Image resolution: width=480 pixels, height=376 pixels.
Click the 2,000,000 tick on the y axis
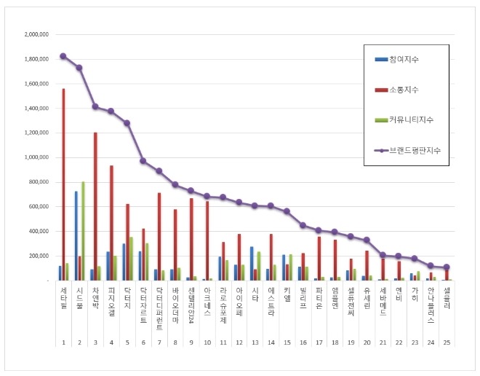click(x=36, y=34)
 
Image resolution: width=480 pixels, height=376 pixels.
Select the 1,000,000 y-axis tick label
click(x=36, y=157)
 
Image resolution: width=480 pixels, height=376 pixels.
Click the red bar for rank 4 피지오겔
click(x=111, y=223)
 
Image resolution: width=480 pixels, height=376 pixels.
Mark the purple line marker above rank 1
click(x=63, y=55)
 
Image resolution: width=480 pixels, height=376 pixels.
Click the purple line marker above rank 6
click(x=143, y=160)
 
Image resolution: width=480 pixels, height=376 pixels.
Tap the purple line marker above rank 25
click(x=447, y=267)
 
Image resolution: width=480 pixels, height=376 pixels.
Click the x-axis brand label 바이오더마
click(x=175, y=302)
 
